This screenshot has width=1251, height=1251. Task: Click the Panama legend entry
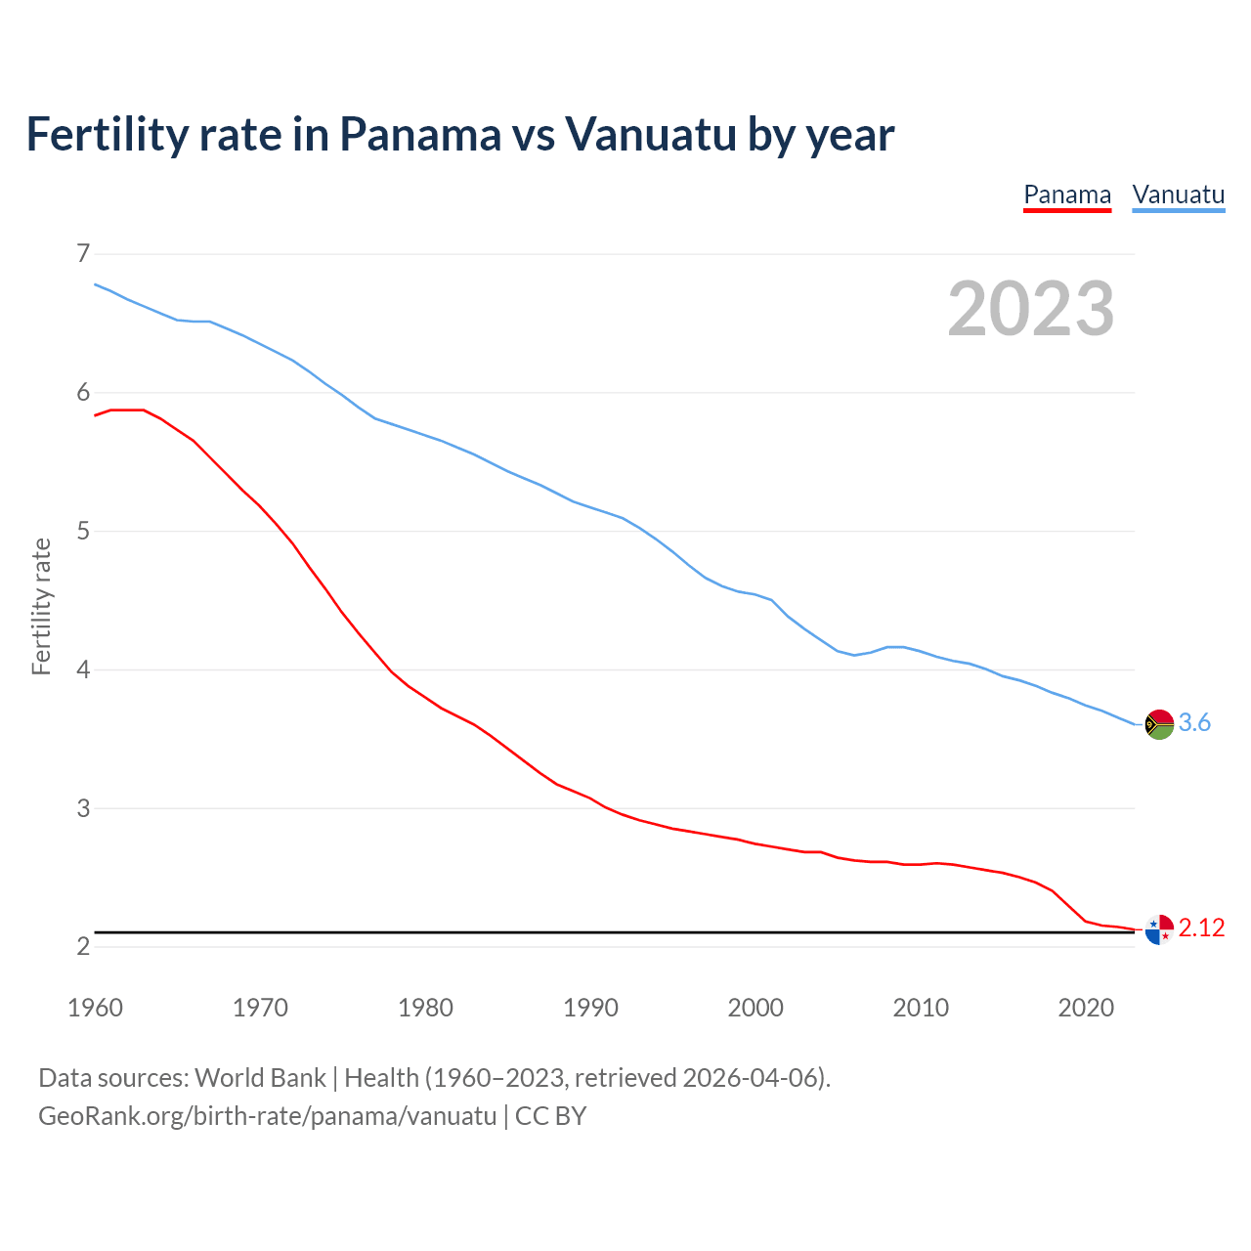[1066, 195]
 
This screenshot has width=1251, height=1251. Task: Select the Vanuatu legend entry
[1178, 195]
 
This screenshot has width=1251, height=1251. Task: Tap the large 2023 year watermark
[1031, 309]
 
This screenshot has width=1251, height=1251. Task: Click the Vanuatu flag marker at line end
[1159, 724]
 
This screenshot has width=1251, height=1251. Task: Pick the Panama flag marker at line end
[1159, 929]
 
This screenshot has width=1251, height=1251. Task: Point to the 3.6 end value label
[1194, 723]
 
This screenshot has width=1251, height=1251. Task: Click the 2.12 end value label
[1201, 928]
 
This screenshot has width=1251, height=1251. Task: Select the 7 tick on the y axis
[83, 254]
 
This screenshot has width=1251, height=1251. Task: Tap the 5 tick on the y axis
[83, 532]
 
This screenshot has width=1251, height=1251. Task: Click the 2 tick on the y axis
[83, 946]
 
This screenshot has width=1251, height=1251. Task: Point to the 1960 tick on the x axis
[95, 1008]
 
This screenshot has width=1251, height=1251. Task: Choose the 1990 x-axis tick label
[590, 1008]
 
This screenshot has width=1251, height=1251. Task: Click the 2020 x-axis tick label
[1086, 1008]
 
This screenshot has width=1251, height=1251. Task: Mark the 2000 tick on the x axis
[755, 1008]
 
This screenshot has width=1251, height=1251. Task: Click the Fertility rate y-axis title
[41, 606]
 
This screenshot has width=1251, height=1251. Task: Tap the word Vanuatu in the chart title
[650, 135]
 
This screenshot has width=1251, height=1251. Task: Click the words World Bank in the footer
[260, 1078]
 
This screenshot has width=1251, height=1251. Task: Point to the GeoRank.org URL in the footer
[267, 1116]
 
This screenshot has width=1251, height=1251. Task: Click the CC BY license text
[550, 1116]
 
